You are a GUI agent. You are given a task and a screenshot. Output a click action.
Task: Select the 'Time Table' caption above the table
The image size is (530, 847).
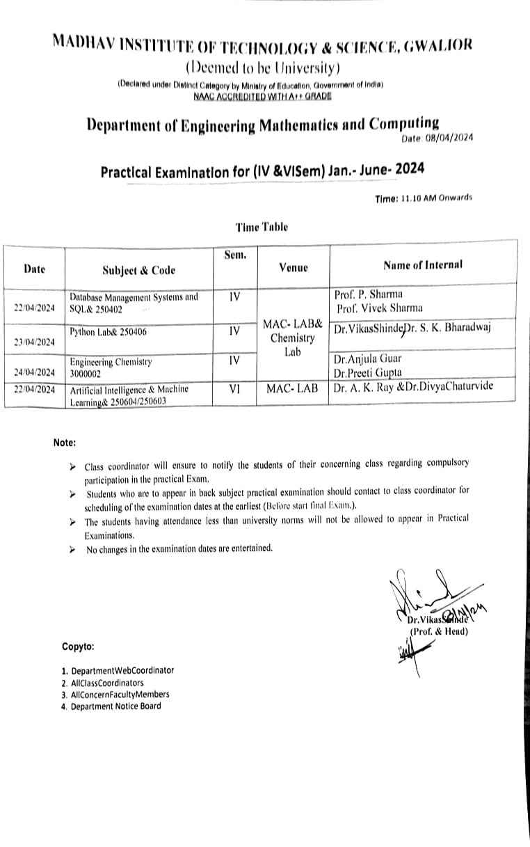click(261, 227)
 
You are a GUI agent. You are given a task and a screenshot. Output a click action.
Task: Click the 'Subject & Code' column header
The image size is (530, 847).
click(138, 270)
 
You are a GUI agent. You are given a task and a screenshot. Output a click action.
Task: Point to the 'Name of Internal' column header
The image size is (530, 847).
click(423, 265)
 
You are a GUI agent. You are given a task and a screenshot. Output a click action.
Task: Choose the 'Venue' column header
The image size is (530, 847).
click(293, 267)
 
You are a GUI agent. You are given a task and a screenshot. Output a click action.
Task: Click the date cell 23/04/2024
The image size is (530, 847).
click(34, 342)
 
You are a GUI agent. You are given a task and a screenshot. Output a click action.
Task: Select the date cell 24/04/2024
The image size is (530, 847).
click(34, 372)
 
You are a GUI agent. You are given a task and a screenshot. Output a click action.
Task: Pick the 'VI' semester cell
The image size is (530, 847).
click(234, 390)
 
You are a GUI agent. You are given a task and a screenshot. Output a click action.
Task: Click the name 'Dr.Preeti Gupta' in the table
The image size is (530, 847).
click(367, 372)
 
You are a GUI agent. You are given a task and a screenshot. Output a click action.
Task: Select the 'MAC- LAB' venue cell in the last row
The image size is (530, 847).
click(293, 390)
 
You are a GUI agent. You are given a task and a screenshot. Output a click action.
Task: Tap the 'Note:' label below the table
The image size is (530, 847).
click(65, 443)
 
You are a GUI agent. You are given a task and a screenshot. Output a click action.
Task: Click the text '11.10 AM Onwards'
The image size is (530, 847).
click(437, 198)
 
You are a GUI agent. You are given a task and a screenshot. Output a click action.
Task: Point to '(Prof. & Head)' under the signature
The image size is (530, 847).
click(438, 631)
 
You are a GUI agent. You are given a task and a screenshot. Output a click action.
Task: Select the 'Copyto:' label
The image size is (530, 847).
click(78, 646)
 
